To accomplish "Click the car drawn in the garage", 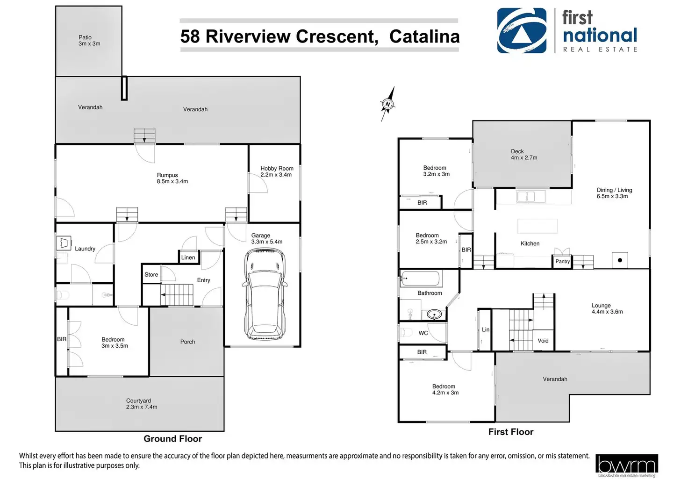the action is coord(265,294).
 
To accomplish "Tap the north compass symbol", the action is coord(387,104).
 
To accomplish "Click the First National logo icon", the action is coord(522,31).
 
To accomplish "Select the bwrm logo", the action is coord(627,465).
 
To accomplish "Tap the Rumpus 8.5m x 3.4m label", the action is coord(172,179).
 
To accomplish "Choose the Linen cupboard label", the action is coord(188,257).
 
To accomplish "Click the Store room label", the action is coord(151,275).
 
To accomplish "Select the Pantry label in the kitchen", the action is coord(562,261).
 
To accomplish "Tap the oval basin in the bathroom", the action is coord(434,314).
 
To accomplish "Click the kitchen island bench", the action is coord(537,226).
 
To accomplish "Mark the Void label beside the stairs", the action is coord(543,341).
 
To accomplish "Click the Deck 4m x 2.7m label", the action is coord(524,155).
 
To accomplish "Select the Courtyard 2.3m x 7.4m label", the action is coord(142,404).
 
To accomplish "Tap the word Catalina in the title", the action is coord(424,36).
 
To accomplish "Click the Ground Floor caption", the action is coord(173,439).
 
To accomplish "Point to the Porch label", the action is coord(188,342).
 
